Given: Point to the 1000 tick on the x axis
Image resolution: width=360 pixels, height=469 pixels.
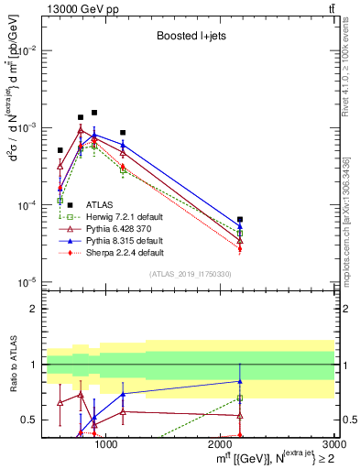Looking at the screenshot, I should [x=106, y=445].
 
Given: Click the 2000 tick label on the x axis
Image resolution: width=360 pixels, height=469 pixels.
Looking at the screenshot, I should [x=221, y=445].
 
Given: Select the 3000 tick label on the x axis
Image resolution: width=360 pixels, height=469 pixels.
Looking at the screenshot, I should [x=333, y=445].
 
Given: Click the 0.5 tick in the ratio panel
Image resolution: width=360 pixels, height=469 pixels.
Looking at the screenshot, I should [x=30, y=420].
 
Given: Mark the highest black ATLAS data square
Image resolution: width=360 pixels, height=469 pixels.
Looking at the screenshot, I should [x=94, y=113].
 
